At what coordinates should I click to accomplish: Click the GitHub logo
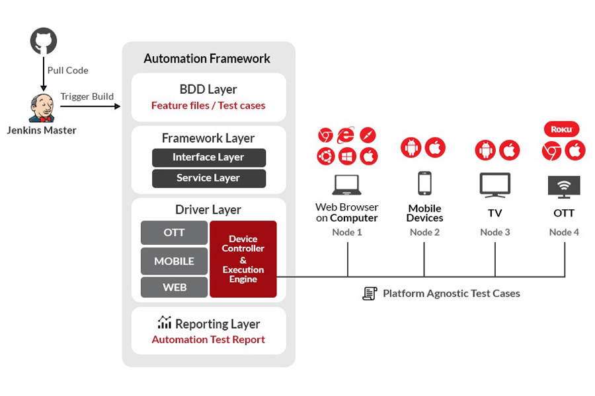tap(44, 40)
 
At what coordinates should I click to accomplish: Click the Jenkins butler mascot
tap(42, 108)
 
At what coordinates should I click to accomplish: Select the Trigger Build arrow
tap(91, 106)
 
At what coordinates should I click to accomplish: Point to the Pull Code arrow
tap(44, 74)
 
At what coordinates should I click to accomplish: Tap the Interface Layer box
tap(209, 157)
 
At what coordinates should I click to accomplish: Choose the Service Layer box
tap(209, 178)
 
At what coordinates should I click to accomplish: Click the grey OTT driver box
tap(174, 233)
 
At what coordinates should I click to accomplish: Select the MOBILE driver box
tap(174, 261)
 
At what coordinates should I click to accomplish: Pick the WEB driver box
tap(174, 287)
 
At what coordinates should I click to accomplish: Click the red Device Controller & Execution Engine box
tap(243, 259)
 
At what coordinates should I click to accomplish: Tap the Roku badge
tap(561, 129)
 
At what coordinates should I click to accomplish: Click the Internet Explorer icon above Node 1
tap(346, 135)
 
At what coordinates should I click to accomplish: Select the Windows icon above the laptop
tap(347, 156)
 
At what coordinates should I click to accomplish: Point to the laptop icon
tap(347, 185)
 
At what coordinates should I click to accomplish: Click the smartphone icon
tap(424, 183)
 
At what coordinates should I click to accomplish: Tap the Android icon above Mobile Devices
tap(411, 147)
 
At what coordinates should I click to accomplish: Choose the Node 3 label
tap(495, 232)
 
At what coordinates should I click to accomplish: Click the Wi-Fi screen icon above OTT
tap(565, 187)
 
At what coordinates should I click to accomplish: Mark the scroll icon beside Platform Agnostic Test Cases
tap(370, 293)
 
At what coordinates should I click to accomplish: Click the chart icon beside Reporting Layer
tap(165, 322)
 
